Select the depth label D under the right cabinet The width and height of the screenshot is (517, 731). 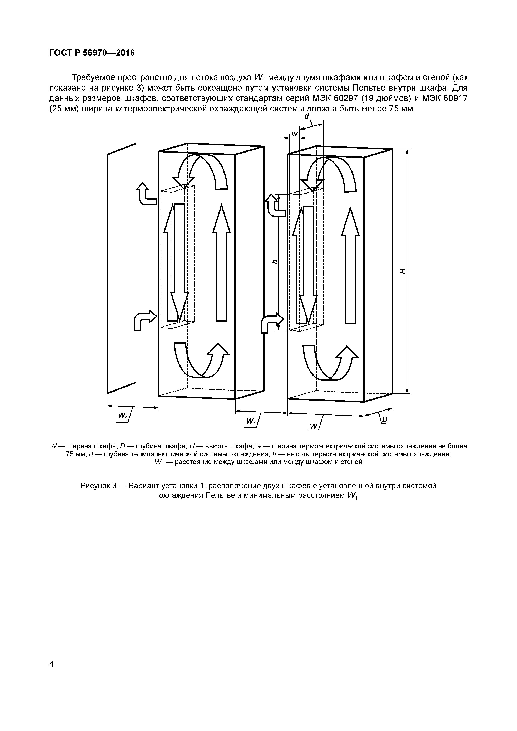(384, 420)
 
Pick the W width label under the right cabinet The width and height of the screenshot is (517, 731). (314, 427)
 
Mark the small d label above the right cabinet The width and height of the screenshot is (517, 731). (306, 116)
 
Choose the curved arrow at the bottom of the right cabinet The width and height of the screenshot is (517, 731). (330, 363)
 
